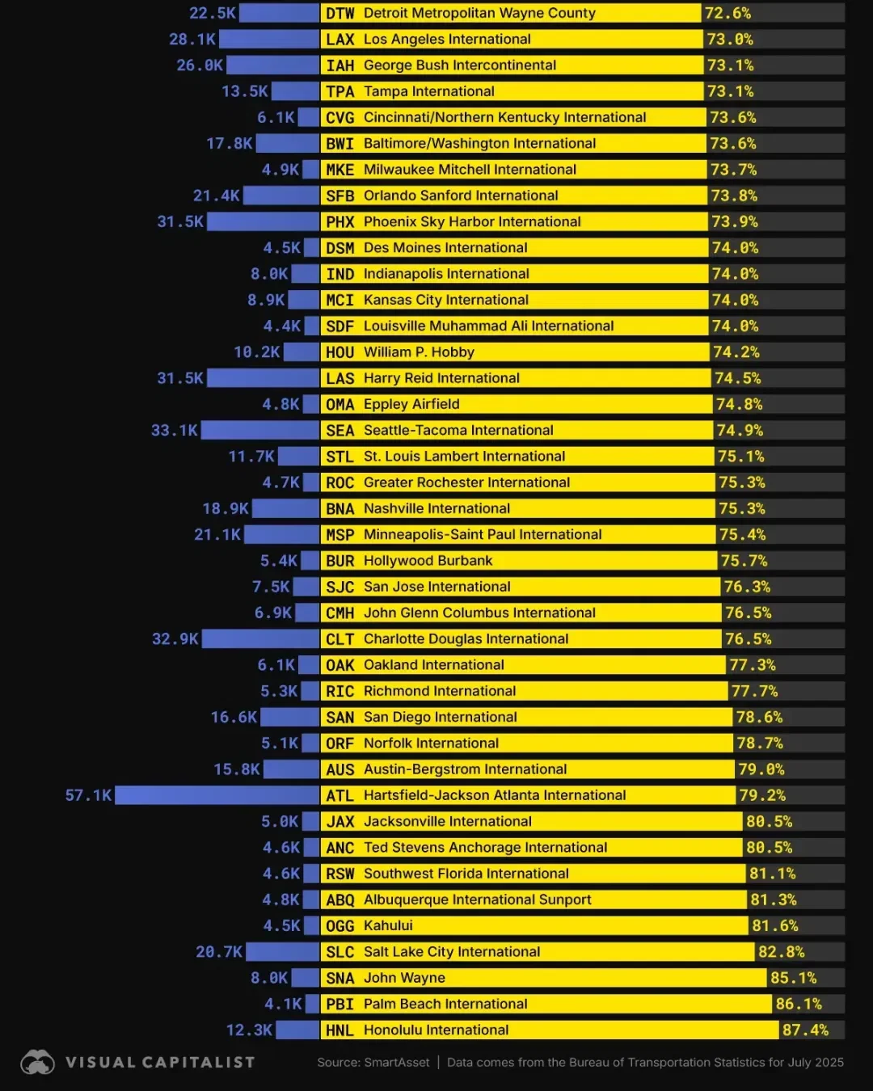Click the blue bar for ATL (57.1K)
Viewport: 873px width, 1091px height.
coord(217,795)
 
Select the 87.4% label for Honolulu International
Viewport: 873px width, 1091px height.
coord(805,1030)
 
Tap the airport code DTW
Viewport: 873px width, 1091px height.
coord(340,13)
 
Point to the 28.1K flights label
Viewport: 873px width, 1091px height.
coord(192,39)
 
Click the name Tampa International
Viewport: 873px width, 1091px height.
coord(428,91)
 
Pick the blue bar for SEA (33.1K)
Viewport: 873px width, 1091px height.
coord(260,430)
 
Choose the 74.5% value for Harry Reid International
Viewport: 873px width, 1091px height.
coord(737,378)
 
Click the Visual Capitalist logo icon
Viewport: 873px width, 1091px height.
coord(37,1062)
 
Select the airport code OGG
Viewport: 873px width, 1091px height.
coord(340,925)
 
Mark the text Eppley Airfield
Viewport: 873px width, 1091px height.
coord(411,404)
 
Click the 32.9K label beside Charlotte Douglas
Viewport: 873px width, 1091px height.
coord(175,638)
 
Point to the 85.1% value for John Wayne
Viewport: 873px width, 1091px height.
coord(793,978)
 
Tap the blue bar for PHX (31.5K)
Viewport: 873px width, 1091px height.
coord(264,221)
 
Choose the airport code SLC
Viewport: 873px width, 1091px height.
coord(340,952)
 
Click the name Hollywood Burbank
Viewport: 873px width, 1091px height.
coord(428,561)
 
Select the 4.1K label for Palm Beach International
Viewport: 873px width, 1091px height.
coord(283,1004)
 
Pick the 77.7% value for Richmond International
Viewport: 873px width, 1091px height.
coord(754,691)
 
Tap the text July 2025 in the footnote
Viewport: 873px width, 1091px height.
coord(816,1062)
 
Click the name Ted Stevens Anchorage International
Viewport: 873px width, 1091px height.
coord(485,848)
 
